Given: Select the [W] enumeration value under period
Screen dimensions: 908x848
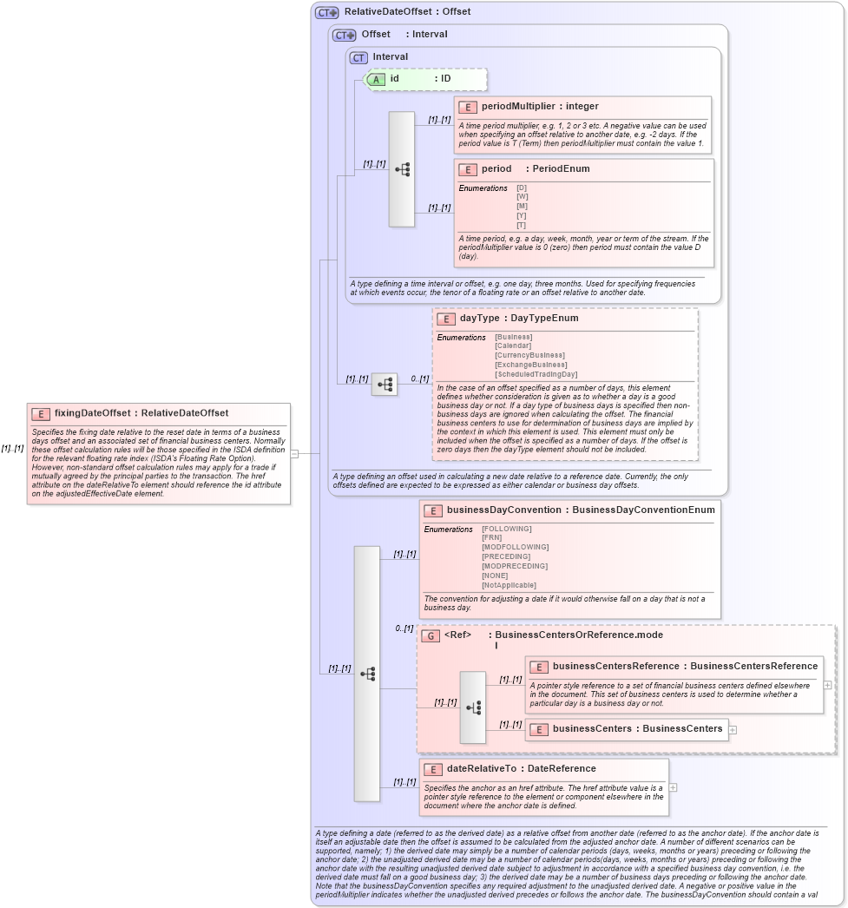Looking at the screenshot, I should (522, 197).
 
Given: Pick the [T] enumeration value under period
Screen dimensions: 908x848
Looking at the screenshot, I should (521, 225).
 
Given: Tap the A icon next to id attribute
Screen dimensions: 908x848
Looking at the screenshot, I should (377, 79).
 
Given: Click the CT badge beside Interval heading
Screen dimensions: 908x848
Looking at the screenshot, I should (358, 57).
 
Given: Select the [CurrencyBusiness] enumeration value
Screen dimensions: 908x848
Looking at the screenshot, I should (529, 355).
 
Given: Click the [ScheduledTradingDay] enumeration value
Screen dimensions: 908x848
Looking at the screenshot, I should (536, 374).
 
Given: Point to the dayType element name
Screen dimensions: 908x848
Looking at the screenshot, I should (479, 319).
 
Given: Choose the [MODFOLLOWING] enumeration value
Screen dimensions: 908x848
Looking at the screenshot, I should (515, 547).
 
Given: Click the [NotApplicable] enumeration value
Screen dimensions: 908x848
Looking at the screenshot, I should (509, 585).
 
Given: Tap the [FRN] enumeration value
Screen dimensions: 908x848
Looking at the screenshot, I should (491, 537).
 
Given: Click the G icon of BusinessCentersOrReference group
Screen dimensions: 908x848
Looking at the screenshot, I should (431, 635).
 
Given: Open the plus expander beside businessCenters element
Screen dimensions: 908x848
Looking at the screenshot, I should (733, 729).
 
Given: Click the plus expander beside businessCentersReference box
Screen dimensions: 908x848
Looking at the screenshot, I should (827, 685).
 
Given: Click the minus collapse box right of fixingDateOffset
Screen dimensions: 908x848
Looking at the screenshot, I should (295, 453).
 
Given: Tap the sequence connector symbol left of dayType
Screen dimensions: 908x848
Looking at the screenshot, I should (385, 384).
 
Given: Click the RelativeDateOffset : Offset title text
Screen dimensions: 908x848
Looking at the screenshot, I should (407, 12).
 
